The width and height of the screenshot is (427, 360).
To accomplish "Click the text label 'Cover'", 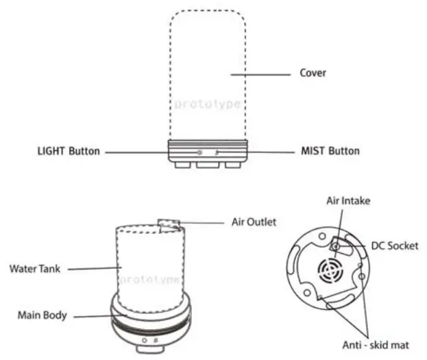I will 313,73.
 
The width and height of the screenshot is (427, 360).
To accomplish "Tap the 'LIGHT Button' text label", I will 69,151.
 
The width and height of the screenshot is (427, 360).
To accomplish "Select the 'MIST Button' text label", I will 330,151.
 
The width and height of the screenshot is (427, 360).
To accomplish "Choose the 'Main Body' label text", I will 42,315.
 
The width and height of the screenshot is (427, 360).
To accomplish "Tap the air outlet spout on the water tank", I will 168,224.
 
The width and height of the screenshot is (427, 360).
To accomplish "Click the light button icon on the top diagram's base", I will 199,152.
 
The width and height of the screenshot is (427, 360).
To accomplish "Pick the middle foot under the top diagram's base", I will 207,165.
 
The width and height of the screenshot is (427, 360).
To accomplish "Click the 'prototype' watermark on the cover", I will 207,104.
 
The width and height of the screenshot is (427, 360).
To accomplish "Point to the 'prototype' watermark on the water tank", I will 149,280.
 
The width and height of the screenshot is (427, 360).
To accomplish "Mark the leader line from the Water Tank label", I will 93,269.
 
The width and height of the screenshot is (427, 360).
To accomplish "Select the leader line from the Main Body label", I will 93,316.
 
